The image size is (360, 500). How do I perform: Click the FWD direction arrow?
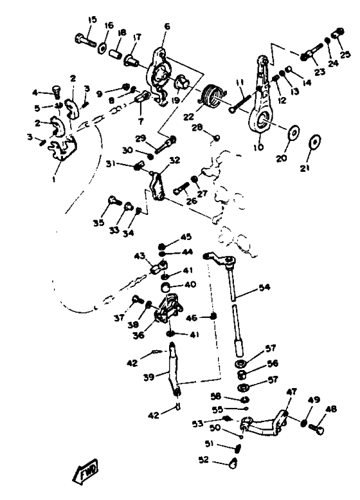pyautogui.click(x=85, y=470)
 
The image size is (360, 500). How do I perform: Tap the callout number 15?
pyautogui.click(x=92, y=20)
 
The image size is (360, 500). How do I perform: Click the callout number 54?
pyautogui.click(x=264, y=287)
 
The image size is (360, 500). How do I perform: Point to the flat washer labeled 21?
pyautogui.click(x=315, y=141)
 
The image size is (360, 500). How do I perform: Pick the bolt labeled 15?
pyautogui.click(x=85, y=40)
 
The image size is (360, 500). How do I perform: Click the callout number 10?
pyautogui.click(x=258, y=147)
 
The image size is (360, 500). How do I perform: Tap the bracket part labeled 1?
pyautogui.click(x=62, y=147)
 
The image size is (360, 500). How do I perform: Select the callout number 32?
pyautogui.click(x=175, y=160)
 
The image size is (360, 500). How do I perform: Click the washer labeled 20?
pyautogui.click(x=293, y=133)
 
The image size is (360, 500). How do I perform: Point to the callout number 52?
pyautogui.click(x=204, y=460)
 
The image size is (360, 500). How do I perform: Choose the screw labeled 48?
pyautogui.click(x=316, y=428)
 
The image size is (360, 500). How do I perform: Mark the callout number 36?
pyautogui.click(x=139, y=335)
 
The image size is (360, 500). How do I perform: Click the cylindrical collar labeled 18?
pyautogui.click(x=115, y=53)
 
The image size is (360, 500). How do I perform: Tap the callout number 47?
pyautogui.click(x=291, y=391)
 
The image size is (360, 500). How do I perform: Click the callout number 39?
pyautogui.click(x=149, y=376)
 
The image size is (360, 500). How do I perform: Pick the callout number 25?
pyautogui.click(x=345, y=54)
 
